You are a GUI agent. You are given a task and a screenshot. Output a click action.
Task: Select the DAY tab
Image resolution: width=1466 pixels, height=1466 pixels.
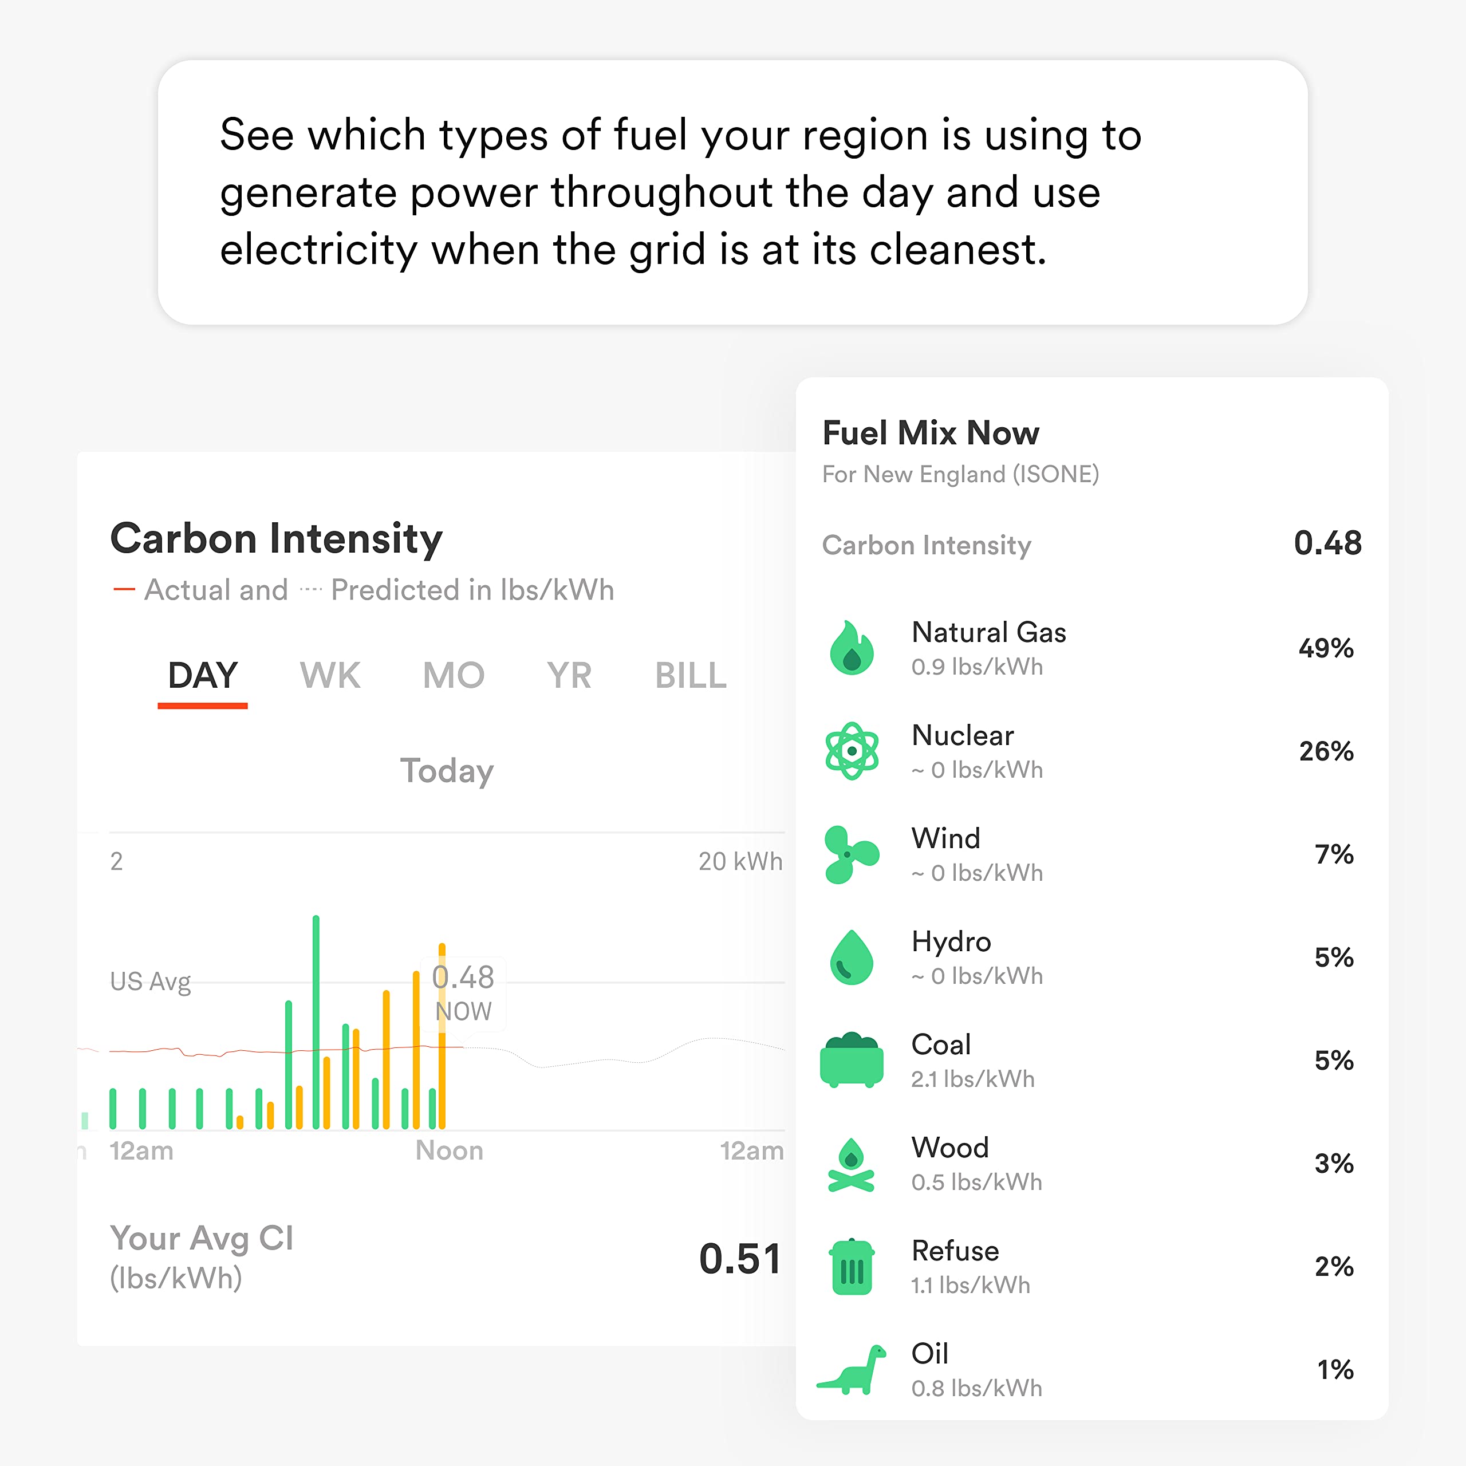point(203,675)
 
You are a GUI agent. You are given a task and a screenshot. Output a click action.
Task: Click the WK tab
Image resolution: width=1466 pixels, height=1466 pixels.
point(330,675)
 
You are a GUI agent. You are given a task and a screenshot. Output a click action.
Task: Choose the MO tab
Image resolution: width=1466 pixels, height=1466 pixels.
point(453,675)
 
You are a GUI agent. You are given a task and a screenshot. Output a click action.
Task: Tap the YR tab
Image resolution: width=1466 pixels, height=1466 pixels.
point(569,675)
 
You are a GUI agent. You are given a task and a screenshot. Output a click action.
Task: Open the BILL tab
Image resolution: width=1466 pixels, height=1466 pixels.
point(691,675)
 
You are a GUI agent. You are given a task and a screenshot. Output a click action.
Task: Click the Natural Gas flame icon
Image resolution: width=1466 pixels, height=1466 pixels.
point(852,648)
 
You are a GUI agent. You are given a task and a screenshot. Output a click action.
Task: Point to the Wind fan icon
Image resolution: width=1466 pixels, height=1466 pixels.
point(852,854)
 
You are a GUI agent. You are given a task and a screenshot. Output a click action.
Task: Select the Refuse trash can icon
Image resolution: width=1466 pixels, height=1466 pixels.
point(852,1267)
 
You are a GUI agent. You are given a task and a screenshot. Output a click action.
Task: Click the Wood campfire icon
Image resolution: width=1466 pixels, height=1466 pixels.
point(852,1164)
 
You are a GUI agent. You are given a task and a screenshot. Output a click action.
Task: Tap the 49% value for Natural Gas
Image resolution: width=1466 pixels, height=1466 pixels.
point(1326,648)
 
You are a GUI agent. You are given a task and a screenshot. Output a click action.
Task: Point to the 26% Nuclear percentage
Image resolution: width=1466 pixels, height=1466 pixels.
point(1326,751)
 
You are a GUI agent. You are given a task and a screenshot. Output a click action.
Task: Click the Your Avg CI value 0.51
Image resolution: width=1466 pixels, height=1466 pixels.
point(740,1259)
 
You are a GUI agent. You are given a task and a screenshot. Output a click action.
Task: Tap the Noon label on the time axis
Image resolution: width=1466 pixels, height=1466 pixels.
point(449,1150)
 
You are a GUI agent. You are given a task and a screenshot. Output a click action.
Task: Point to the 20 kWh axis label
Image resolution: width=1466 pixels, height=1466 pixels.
point(740,861)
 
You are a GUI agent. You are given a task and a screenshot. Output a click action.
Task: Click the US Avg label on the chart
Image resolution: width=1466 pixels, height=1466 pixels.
point(150,981)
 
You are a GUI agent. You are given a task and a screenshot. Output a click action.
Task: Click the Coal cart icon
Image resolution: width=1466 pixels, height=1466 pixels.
point(852,1060)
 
